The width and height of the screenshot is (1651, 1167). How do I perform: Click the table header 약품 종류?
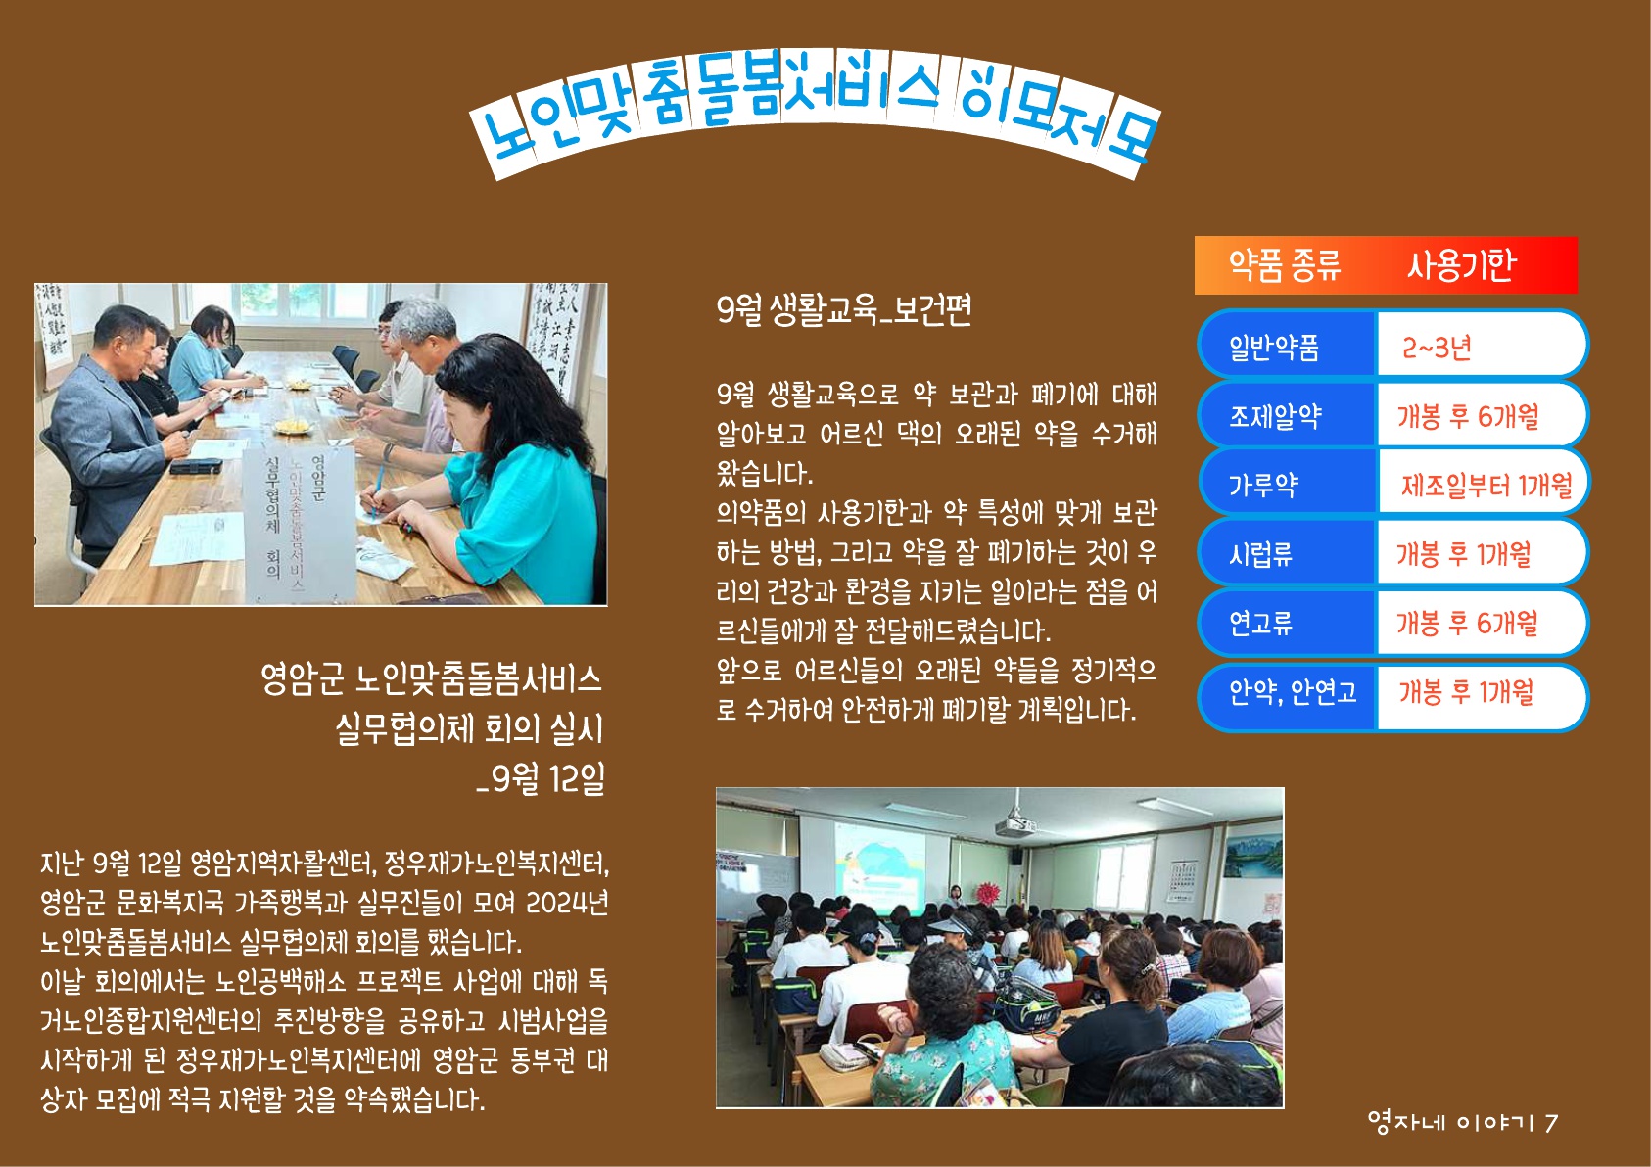pos(1284,265)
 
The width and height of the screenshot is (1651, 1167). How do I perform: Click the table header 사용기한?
pos(1461,264)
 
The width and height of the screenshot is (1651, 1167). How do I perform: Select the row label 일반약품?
pos(1273,347)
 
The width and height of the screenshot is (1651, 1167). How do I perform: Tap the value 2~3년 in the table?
pos(1437,347)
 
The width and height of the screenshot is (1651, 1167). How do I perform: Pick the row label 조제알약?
pos(1274,416)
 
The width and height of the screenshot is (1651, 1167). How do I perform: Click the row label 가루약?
pos(1262,486)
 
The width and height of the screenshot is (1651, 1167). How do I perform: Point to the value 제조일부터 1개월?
pos(1486,485)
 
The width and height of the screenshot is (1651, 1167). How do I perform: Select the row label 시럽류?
pos(1259,554)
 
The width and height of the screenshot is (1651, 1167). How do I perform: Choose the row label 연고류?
pos(1259,624)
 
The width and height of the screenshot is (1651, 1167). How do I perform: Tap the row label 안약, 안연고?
pos(1292,692)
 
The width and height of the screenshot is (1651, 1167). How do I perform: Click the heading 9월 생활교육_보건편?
pos(844,310)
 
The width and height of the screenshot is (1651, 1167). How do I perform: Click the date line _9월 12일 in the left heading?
pos(541,778)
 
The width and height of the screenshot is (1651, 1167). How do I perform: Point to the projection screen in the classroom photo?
pos(879,862)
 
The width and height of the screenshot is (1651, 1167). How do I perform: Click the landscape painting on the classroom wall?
pos(1253,855)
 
